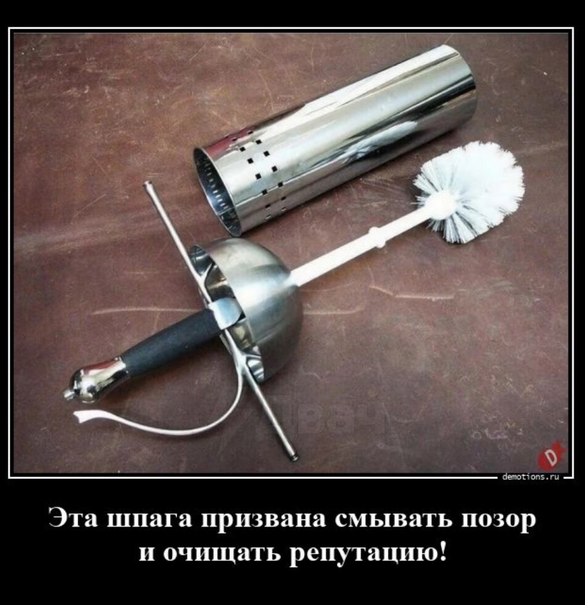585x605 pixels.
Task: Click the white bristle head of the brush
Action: [469, 192]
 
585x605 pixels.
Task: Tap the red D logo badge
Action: [551, 458]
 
